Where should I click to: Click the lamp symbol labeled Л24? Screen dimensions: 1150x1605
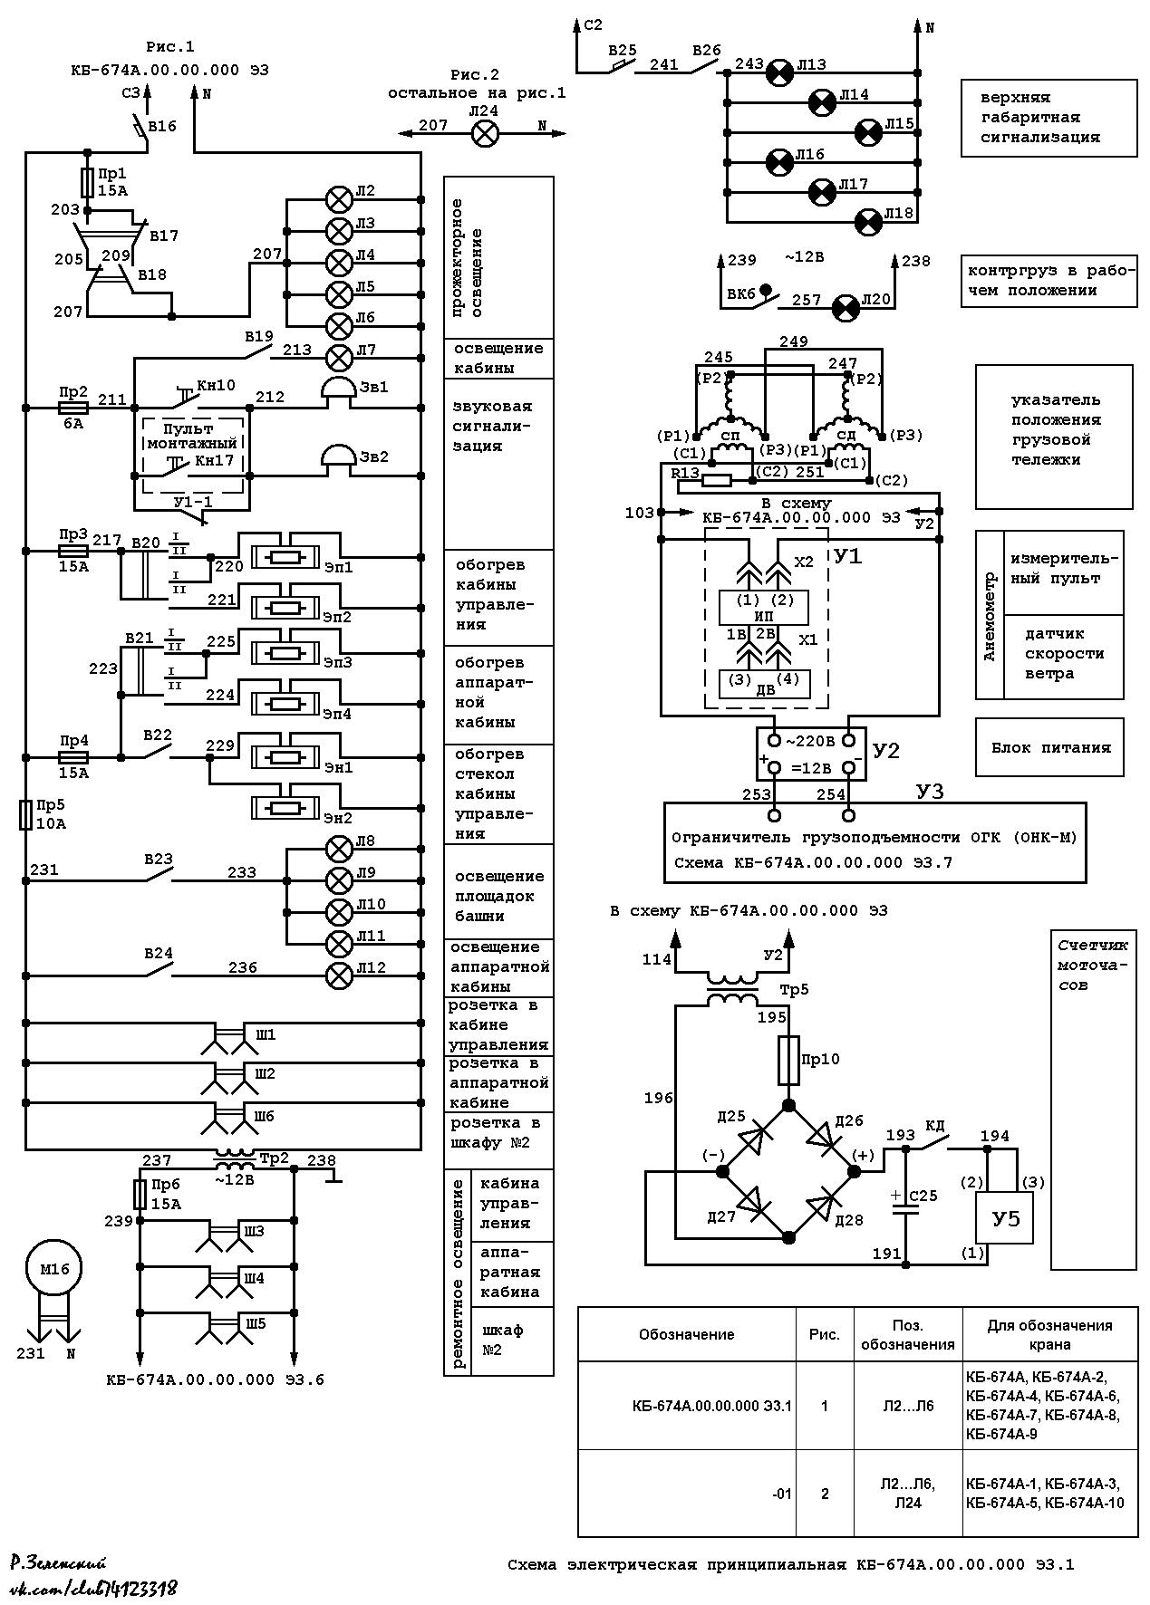tap(486, 135)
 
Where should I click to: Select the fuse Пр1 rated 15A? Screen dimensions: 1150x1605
tap(88, 182)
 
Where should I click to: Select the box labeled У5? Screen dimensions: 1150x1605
tap(1003, 1218)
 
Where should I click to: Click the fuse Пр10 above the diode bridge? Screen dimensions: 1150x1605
tap(788, 1060)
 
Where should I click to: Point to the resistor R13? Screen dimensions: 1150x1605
tap(716, 481)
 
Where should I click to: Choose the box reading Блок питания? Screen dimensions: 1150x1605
tap(1049, 747)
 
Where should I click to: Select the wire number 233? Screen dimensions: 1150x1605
tap(241, 872)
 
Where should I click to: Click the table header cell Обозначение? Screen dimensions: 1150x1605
tap(687, 1334)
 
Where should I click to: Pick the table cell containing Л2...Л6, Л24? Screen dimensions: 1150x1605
tap(907, 1493)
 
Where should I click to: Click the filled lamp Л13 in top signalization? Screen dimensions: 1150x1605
tap(777, 72)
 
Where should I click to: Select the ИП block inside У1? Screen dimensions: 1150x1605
tap(763, 608)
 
